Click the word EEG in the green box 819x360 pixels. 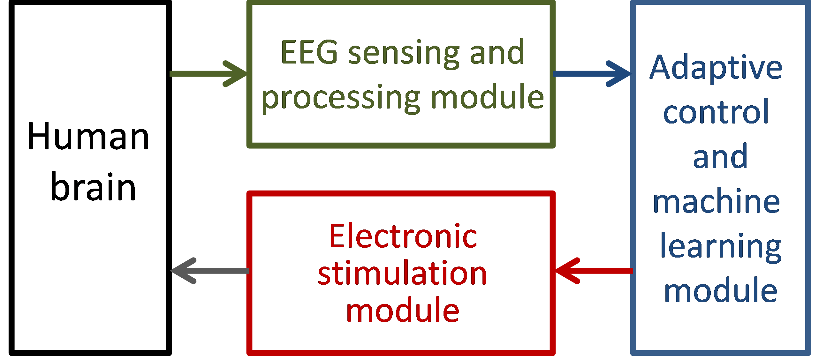(x=309, y=52)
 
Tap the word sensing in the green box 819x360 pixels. (x=404, y=54)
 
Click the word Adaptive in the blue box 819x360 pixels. (x=716, y=68)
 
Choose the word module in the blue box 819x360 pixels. (x=720, y=290)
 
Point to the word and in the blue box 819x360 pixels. (x=720, y=156)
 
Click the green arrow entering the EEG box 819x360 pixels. (x=208, y=74)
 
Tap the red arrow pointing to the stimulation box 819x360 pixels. (x=594, y=271)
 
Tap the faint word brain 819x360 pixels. (x=94, y=187)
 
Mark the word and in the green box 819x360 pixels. (x=497, y=52)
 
